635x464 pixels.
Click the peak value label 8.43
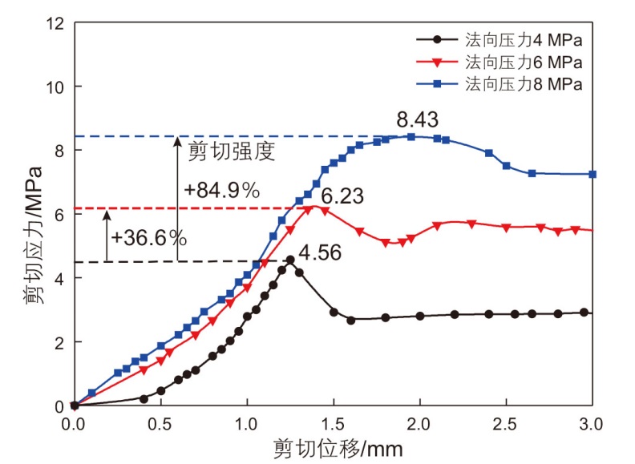(x=417, y=120)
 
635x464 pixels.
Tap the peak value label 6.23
(x=342, y=195)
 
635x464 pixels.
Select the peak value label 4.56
(x=320, y=254)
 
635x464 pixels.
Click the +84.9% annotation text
(x=221, y=191)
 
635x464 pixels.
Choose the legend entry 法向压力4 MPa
(x=521, y=39)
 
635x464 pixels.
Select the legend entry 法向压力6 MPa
(x=521, y=62)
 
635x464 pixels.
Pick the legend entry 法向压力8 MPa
(x=521, y=83)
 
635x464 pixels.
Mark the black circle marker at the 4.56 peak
(x=289, y=260)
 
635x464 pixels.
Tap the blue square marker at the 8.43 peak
(x=411, y=136)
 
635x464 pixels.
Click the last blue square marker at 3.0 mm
(x=593, y=174)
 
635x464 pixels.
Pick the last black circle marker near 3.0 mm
(x=584, y=313)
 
